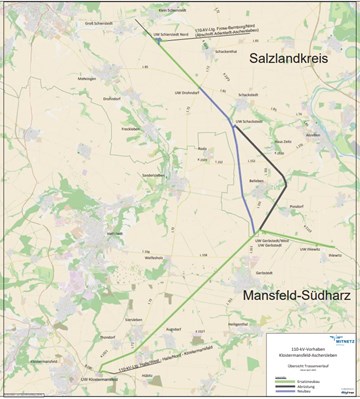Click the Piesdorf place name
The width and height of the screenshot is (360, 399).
coord(281,207)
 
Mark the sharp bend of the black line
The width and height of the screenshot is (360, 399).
coord(286,182)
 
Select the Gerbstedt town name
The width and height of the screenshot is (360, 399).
coord(263,272)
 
